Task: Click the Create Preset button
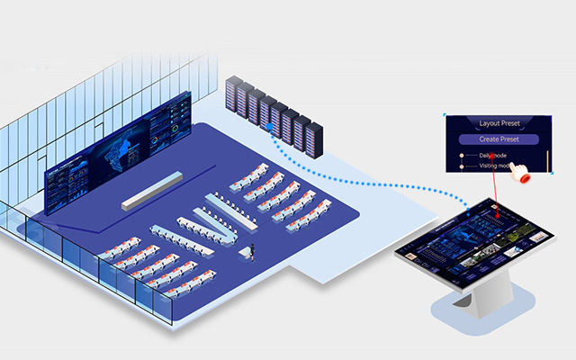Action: click(499, 139)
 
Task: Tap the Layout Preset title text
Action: click(499, 122)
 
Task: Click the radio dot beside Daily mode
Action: click(463, 156)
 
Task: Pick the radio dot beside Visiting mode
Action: click(463, 166)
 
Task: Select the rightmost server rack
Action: click(313, 137)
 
